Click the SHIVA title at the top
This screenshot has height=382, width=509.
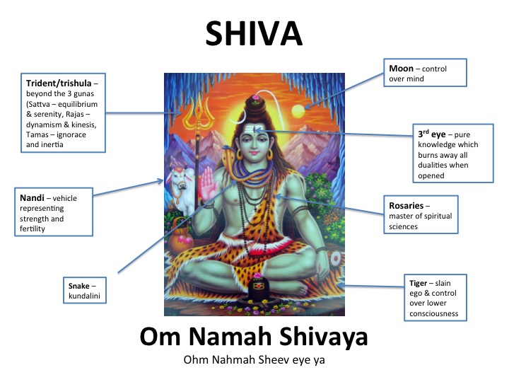254,33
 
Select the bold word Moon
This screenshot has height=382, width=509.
402,69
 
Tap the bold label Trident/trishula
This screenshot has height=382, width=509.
59,83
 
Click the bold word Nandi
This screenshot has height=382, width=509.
32,198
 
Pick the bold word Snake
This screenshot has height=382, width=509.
79,286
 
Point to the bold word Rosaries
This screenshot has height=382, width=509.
406,206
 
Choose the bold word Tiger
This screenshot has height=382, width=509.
418,283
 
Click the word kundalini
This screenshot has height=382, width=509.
84,296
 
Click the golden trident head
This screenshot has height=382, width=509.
199,112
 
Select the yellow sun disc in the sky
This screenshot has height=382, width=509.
298,112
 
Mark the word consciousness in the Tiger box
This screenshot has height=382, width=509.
433,313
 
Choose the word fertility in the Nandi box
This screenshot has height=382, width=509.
33,228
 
